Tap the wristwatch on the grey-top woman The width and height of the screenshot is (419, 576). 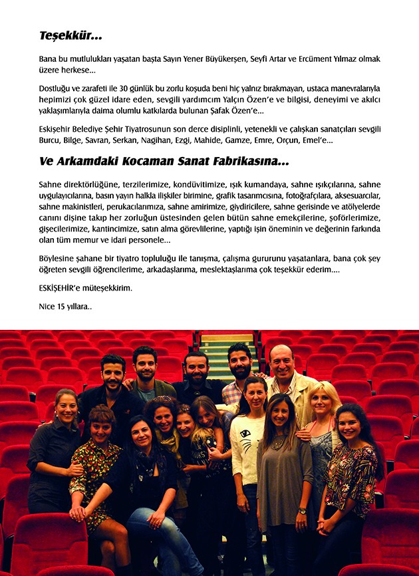coord(303,511)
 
